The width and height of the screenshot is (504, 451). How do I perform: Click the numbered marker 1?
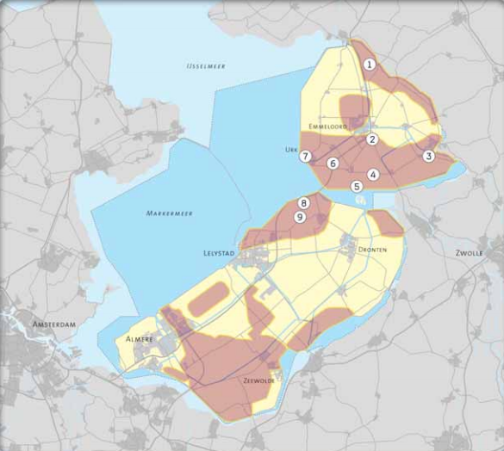click(369, 65)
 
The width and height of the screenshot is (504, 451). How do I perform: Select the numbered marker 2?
click(372, 139)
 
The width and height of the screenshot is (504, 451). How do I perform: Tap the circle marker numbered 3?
click(428, 156)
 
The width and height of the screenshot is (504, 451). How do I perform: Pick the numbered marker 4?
click(373, 174)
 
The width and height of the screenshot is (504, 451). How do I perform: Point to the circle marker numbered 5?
click(356, 186)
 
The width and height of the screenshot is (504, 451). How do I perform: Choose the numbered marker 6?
click(333, 164)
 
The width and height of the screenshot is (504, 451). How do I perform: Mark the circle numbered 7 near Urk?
click(305, 157)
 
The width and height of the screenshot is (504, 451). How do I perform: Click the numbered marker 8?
click(302, 203)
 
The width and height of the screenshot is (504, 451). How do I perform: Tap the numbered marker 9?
click(300, 218)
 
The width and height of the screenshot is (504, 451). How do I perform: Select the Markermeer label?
click(169, 212)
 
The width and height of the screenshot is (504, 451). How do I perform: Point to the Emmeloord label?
click(325, 127)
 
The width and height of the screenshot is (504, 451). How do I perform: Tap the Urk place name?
click(290, 148)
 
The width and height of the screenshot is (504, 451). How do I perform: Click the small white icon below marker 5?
click(360, 198)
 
